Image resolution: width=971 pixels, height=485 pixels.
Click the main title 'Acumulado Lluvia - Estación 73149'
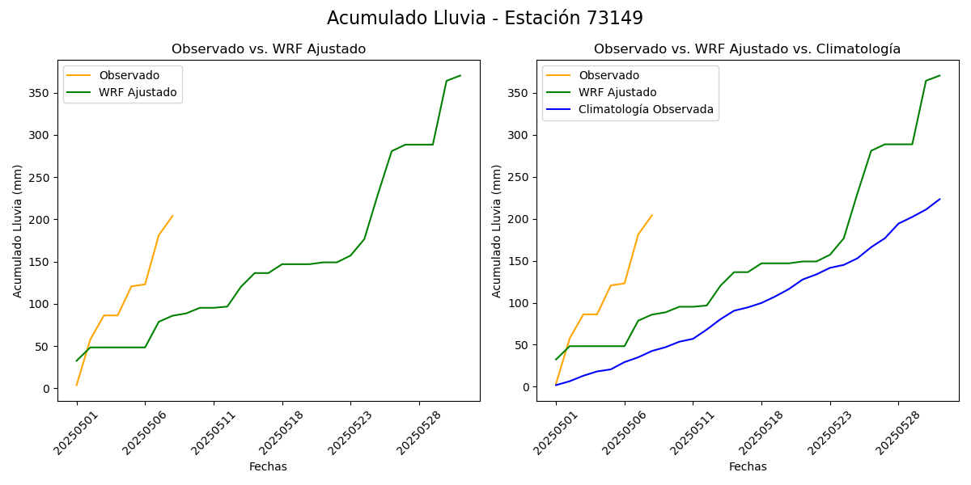click(x=485, y=19)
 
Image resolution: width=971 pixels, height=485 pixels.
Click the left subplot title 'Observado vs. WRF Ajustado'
click(x=268, y=49)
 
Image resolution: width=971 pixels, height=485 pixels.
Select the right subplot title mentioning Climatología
click(x=747, y=49)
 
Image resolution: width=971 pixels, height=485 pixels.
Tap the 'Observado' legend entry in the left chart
click(x=129, y=75)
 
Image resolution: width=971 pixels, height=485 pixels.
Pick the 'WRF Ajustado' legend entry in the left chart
click(x=138, y=92)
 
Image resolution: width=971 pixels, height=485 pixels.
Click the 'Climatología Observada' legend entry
click(x=646, y=110)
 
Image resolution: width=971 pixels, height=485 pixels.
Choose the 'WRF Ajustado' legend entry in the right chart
click(x=617, y=92)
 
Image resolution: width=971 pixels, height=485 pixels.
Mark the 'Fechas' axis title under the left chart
click(x=268, y=466)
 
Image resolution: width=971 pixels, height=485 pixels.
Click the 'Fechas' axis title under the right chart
click(x=748, y=466)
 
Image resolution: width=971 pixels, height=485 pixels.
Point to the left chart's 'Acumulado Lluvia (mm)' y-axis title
click(x=18, y=230)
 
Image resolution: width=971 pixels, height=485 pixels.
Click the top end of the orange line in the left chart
click(x=172, y=216)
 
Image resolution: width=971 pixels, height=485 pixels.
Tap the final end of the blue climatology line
click(x=939, y=199)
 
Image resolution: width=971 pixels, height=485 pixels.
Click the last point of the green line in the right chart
click(x=939, y=75)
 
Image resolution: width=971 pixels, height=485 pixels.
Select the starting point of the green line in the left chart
click(x=77, y=361)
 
